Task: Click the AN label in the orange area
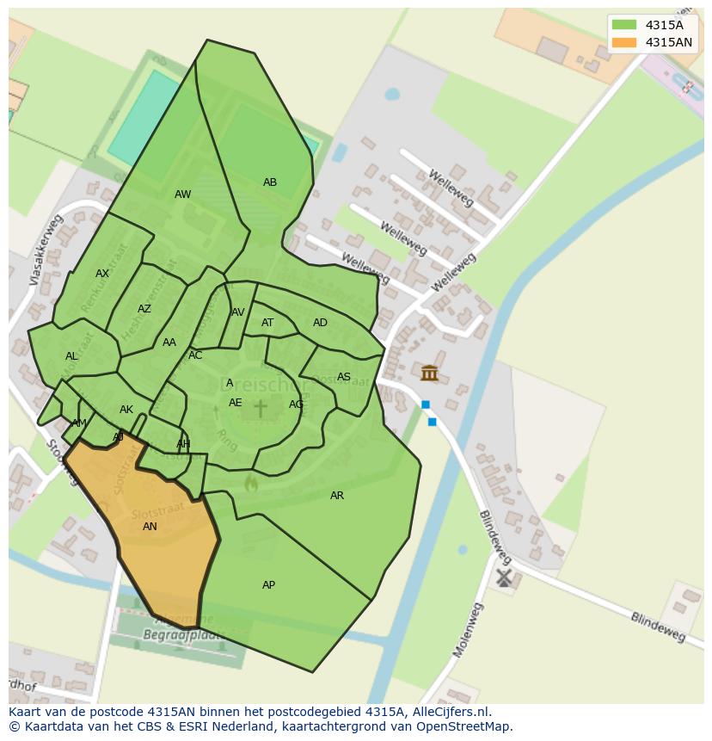click(x=150, y=527)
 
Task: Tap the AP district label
click(x=268, y=585)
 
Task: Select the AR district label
click(x=337, y=496)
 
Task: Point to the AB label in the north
click(x=270, y=182)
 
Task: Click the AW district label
click(x=183, y=195)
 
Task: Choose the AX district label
click(x=102, y=274)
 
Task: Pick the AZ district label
click(x=144, y=309)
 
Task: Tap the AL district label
click(x=71, y=356)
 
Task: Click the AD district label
click(x=320, y=323)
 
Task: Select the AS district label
click(x=344, y=377)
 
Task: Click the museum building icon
click(x=429, y=373)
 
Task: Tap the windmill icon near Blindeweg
click(x=504, y=577)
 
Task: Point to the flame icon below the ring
click(x=251, y=484)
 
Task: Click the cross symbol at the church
click(x=260, y=408)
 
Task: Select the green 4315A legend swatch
click(x=624, y=25)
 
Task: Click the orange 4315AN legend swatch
click(x=624, y=42)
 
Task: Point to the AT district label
click(x=267, y=323)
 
